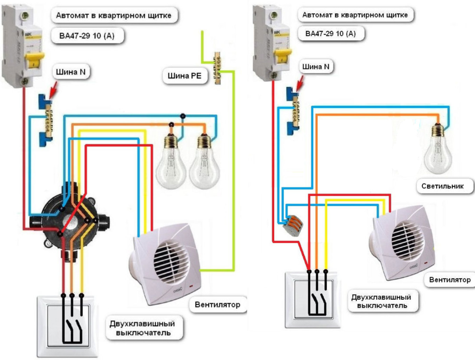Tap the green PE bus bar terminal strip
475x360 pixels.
coord(217,67)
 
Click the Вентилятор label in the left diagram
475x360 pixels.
coord(217,305)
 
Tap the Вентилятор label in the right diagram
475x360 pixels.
coord(450,280)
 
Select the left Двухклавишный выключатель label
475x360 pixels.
coord(142,328)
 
